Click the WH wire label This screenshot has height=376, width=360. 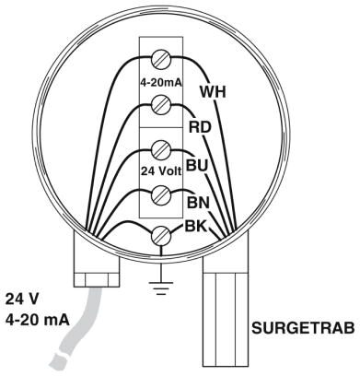tap(213, 92)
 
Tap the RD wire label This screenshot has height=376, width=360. tap(200, 127)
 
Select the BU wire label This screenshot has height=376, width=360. tap(197, 165)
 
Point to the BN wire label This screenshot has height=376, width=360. tap(198, 203)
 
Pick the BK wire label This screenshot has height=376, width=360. tap(195, 227)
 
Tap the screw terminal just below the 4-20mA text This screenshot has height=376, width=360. tap(161, 105)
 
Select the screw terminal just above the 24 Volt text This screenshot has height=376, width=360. tap(161, 150)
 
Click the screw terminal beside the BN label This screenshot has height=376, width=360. tap(161, 194)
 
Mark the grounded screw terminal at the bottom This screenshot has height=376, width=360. tap(161, 236)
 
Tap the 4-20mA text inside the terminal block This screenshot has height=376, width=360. tap(161, 83)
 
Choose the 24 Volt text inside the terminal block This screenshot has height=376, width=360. tap(161, 170)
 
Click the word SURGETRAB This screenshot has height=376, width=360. tap(303, 328)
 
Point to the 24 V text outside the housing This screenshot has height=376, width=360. tap(22, 299)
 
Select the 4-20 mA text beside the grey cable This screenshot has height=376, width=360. tap(37, 320)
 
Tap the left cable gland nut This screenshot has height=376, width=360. tap(97, 279)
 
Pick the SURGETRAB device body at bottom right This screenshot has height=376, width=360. tap(226, 320)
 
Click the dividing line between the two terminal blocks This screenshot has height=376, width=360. tap(161, 128)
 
